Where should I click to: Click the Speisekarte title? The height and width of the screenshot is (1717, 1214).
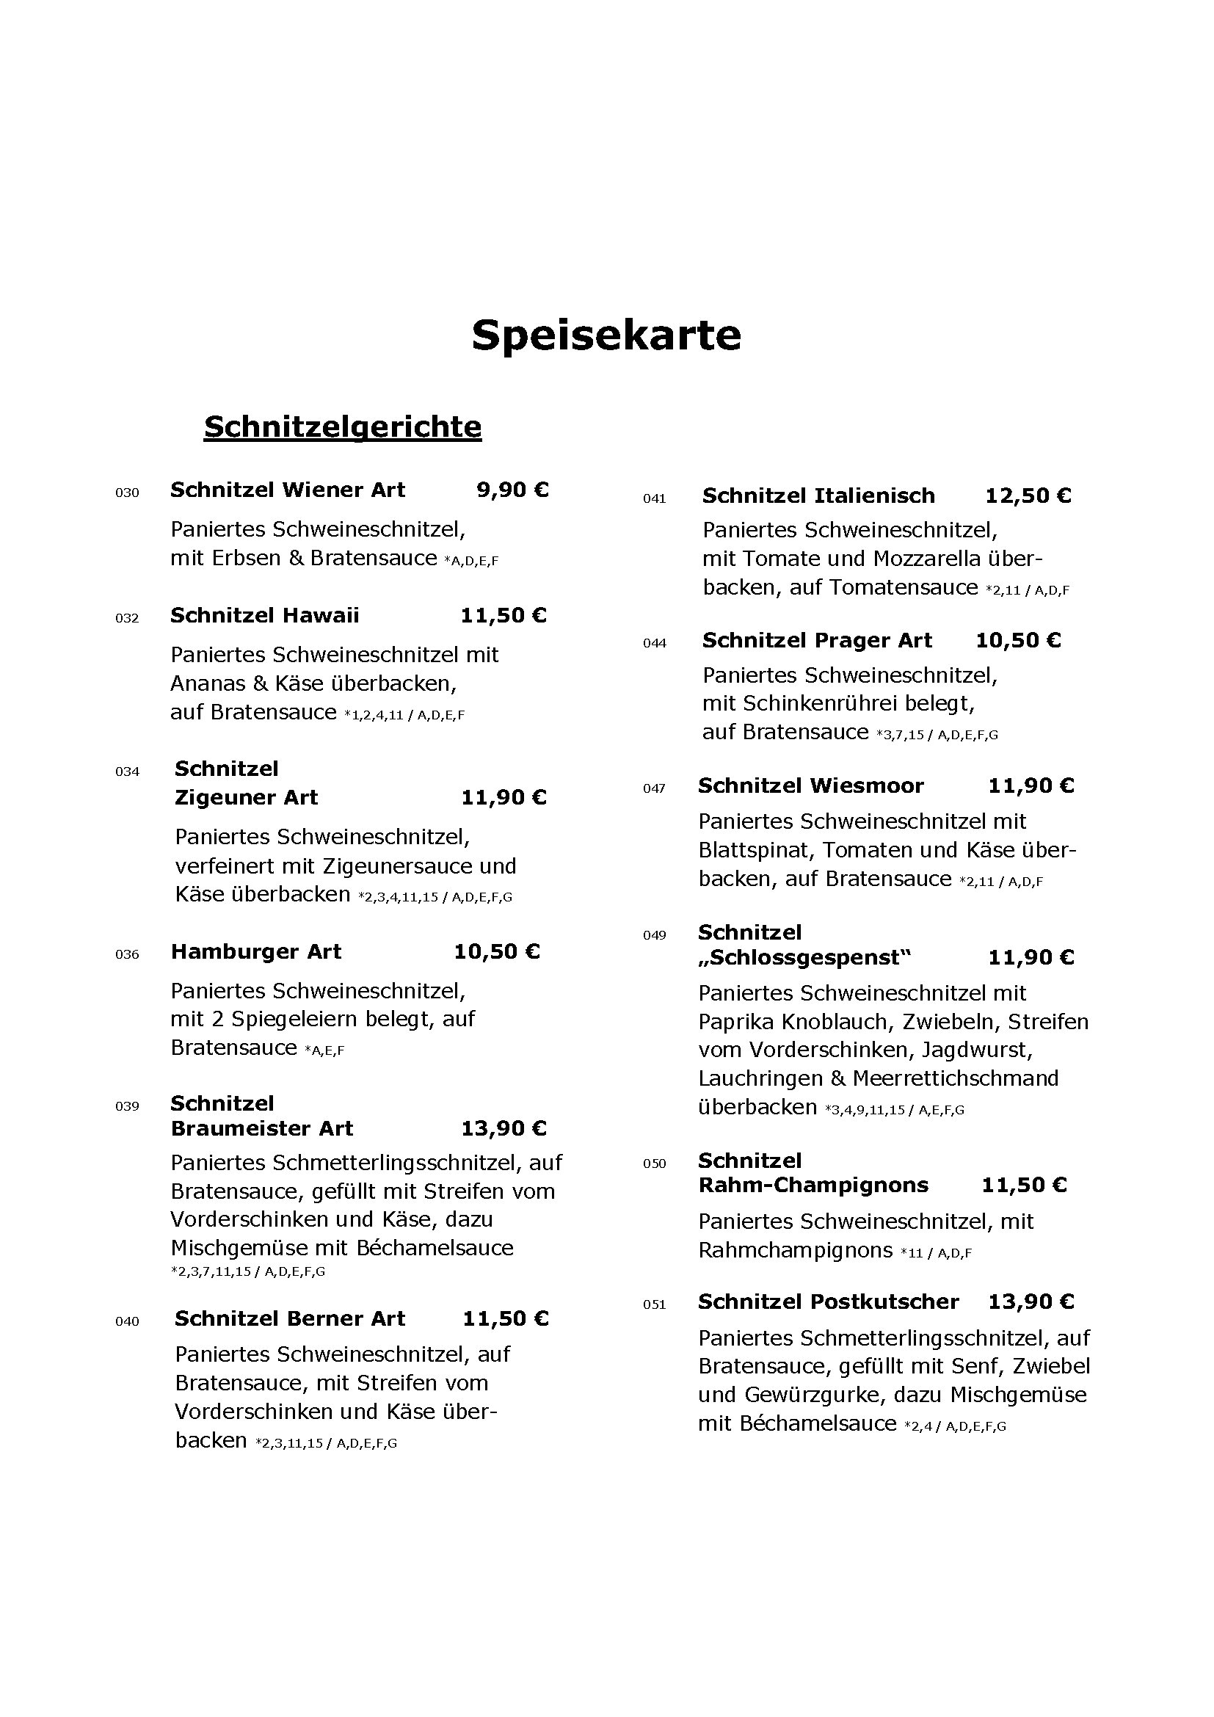click(606, 334)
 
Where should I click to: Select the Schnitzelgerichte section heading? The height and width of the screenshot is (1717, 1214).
click(342, 427)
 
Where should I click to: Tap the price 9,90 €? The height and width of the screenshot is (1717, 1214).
click(512, 490)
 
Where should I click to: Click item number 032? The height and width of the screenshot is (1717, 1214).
click(127, 618)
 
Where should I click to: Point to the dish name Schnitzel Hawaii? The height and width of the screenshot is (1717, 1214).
click(265, 615)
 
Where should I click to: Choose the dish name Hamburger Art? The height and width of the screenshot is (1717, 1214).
click(255, 952)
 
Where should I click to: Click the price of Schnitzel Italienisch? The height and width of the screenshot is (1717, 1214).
click(1028, 496)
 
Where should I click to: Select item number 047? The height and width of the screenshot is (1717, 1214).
click(654, 788)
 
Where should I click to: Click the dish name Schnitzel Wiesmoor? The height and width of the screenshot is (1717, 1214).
click(810, 785)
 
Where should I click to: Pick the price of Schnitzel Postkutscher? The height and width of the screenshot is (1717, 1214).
click(1031, 1302)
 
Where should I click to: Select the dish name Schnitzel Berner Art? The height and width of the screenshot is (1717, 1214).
click(290, 1318)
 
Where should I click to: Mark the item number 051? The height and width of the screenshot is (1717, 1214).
click(654, 1305)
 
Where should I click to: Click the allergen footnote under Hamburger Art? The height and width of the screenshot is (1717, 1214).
click(324, 1050)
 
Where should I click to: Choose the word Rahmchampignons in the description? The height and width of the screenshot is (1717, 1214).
click(796, 1250)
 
